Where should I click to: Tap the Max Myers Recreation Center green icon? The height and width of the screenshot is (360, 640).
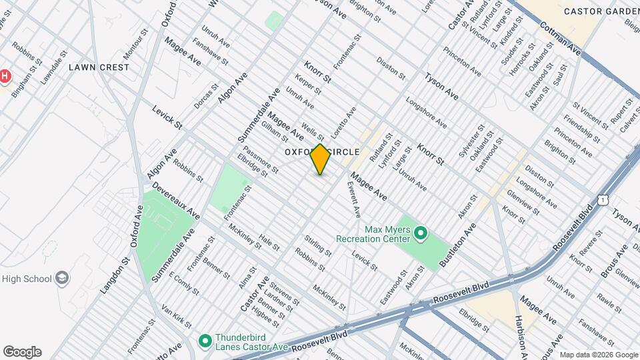(x=421, y=233)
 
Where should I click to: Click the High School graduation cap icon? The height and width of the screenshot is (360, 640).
(x=62, y=278)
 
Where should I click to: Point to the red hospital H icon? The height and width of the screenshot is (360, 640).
(x=5, y=76)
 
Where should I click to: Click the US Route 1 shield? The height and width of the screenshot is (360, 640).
(x=603, y=199)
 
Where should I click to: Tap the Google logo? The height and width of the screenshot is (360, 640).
(x=22, y=352)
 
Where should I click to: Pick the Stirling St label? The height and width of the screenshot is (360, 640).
(x=317, y=245)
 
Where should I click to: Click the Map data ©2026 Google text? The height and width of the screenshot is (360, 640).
(x=599, y=355)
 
